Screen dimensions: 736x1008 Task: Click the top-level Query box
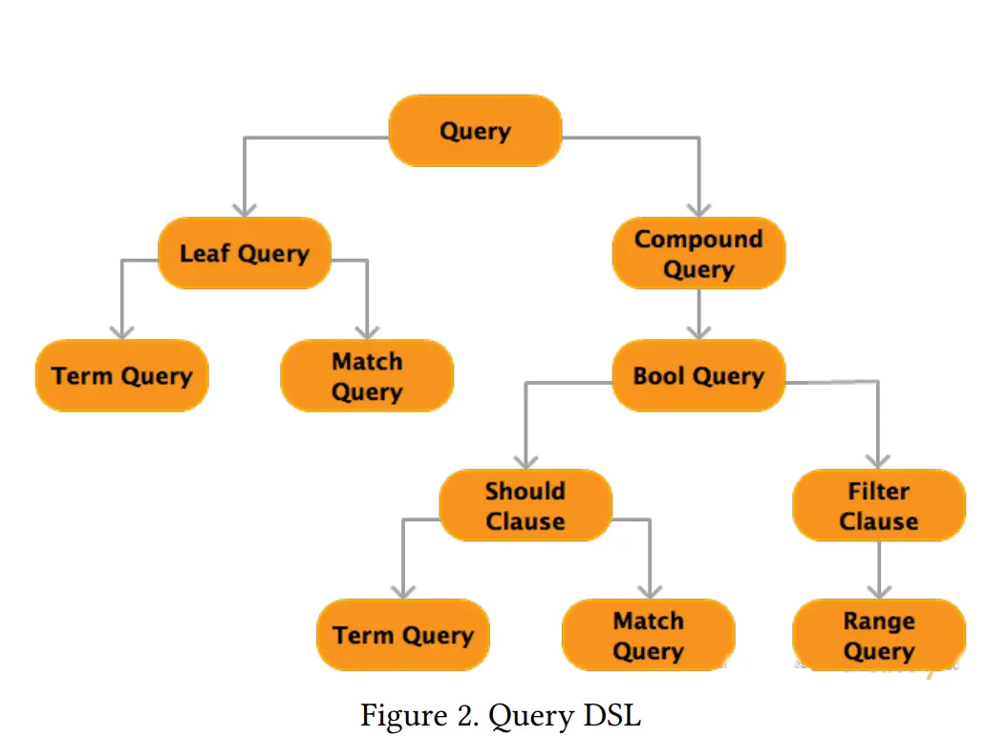coord(475,131)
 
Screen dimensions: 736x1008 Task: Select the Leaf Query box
coord(245,253)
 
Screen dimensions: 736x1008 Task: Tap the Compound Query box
coord(698,253)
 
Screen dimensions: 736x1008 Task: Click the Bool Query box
coord(698,375)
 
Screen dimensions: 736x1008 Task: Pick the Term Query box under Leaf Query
coord(121,375)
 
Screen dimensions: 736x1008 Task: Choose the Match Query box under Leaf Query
coord(367,375)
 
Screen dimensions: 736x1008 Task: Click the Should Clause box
coord(525,505)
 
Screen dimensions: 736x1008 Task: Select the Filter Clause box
coord(879,505)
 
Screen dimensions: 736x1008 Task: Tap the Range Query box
coord(879,636)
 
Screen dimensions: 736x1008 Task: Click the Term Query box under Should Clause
coord(402,636)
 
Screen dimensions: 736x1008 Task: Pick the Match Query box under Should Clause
coord(648,636)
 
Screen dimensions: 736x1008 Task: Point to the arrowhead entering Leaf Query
coord(245,209)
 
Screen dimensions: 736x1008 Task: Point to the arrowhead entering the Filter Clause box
coord(879,461)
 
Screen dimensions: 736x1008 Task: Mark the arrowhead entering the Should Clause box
coord(525,461)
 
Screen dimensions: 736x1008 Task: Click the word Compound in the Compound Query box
coord(698,239)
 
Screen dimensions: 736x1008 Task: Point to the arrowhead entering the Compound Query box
coord(698,209)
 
